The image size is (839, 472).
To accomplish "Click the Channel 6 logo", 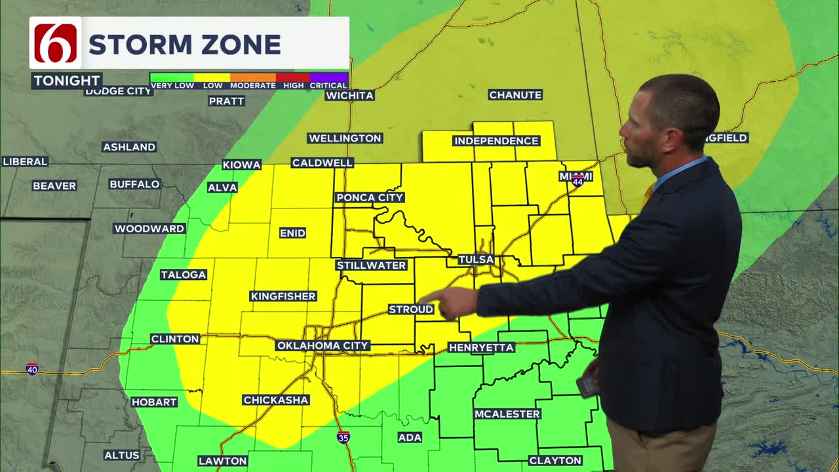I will pyautogui.click(x=56, y=43).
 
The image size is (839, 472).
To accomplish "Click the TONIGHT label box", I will pyautogui.click(x=67, y=81).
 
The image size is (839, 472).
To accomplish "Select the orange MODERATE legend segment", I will pyautogui.click(x=252, y=78).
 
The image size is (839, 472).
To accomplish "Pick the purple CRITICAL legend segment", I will pyautogui.click(x=328, y=78).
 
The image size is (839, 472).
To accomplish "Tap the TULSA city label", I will pyautogui.click(x=476, y=260).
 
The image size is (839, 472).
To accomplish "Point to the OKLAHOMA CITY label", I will pyautogui.click(x=323, y=345).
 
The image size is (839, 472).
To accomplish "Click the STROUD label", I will pyautogui.click(x=411, y=309).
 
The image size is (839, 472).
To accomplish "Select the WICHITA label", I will pyautogui.click(x=350, y=96).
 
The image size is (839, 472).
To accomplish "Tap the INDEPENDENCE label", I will pyautogui.click(x=496, y=141).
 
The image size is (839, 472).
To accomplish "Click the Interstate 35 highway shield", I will pyautogui.click(x=343, y=437).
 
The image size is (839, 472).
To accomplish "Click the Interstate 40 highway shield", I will pyautogui.click(x=32, y=370).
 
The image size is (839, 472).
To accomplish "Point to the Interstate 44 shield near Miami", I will pyautogui.click(x=577, y=182).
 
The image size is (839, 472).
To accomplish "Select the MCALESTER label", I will pyautogui.click(x=507, y=414).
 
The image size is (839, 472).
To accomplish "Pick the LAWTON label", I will pyautogui.click(x=223, y=461).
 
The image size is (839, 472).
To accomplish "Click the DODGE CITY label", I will pyautogui.click(x=119, y=92).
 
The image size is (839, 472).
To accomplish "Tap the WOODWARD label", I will pyautogui.click(x=149, y=229).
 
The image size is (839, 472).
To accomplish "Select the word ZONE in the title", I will pyautogui.click(x=244, y=45).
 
